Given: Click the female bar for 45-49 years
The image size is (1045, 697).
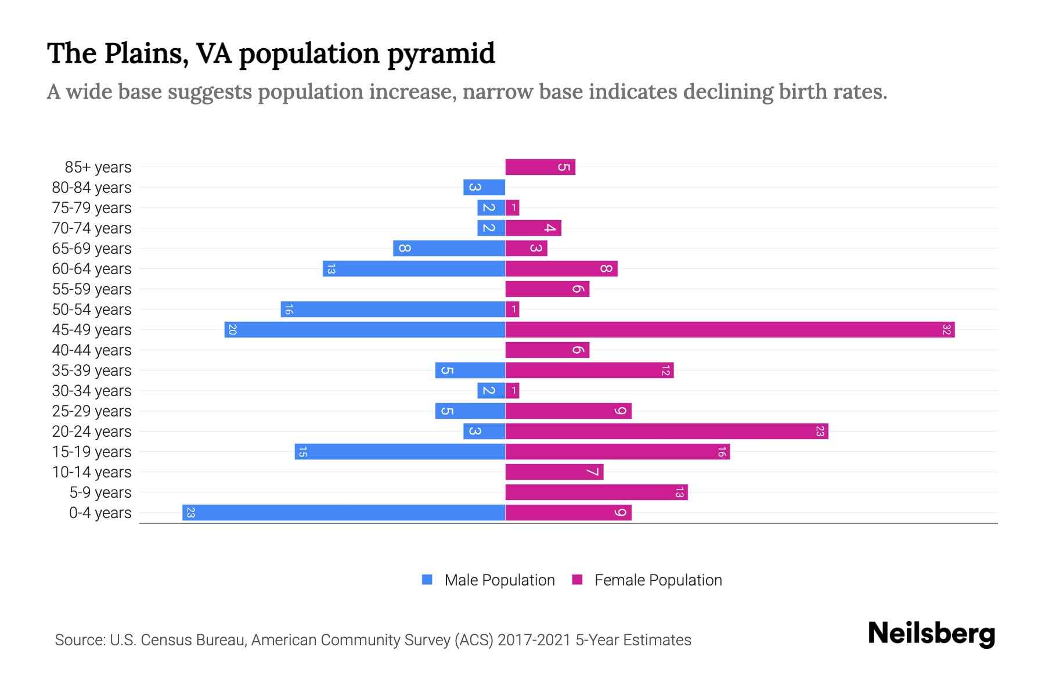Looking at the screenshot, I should [x=730, y=330].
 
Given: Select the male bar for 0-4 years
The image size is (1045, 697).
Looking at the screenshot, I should [x=344, y=513].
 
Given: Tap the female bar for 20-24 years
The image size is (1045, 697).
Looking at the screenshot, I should [x=666, y=432].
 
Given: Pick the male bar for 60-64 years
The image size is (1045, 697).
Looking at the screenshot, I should [x=414, y=269].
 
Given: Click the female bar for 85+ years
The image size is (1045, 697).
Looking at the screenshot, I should [x=540, y=167].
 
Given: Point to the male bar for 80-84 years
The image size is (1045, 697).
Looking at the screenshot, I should [x=484, y=188].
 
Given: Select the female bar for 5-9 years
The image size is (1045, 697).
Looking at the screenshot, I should [x=596, y=493].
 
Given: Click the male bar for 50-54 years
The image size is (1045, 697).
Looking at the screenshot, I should [x=393, y=310].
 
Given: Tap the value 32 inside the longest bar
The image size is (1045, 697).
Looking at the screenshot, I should [x=946, y=330].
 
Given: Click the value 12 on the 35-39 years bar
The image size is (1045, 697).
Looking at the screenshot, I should [x=665, y=371].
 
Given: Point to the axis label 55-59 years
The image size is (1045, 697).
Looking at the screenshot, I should [x=92, y=289].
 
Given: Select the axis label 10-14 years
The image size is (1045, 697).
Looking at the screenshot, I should [x=92, y=472].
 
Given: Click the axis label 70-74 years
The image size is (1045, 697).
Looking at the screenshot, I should [x=92, y=228].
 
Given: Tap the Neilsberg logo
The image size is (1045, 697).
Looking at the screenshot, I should [x=931, y=634].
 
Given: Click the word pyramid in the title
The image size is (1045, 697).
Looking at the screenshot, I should [x=441, y=54].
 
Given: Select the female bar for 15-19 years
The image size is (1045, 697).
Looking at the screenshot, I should [x=617, y=452].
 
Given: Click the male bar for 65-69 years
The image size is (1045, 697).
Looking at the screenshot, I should [x=449, y=249].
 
